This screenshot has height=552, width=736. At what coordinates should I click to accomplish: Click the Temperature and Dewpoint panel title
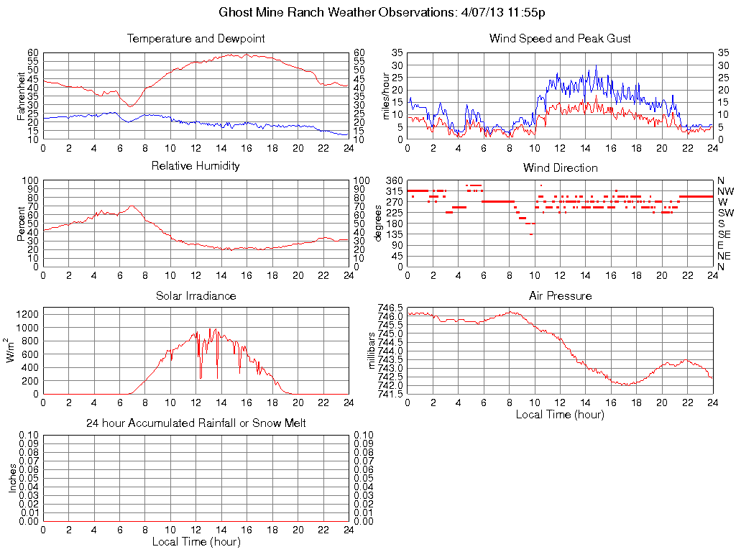click(196, 38)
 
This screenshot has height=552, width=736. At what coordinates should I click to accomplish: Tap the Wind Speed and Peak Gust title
click(560, 38)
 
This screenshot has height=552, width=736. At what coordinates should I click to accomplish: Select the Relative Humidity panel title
click(196, 166)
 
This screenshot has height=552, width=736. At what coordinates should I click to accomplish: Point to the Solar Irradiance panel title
click(196, 295)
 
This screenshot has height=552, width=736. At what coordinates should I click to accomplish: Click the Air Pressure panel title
click(560, 295)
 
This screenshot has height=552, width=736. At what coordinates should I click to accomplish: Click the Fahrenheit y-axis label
click(21, 96)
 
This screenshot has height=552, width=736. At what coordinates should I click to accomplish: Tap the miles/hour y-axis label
click(385, 96)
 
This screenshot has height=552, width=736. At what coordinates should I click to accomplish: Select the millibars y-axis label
click(372, 351)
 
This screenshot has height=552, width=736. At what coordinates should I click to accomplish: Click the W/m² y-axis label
click(11, 350)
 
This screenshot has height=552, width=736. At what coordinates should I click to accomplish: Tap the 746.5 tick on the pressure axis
click(392, 308)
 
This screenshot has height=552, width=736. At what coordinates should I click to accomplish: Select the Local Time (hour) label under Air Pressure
click(560, 414)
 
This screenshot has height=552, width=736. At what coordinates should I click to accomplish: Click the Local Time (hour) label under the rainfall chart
click(196, 541)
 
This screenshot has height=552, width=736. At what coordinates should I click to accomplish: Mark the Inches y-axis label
click(12, 478)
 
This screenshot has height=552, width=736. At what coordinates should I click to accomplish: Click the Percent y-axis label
click(21, 223)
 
